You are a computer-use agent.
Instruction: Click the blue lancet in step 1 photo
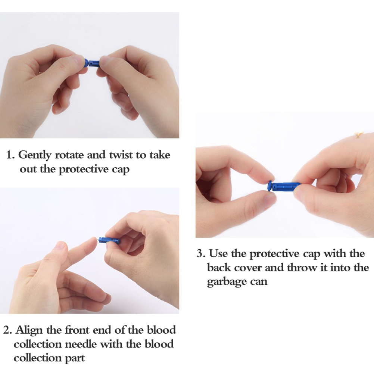point(93,63)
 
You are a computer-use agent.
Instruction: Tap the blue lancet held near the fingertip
point(109,240)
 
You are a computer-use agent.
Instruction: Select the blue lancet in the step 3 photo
point(284,186)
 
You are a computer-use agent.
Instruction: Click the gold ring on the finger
point(358,134)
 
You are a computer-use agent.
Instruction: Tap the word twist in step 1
point(121,155)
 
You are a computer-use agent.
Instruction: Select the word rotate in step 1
point(70,155)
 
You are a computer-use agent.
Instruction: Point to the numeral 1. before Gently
point(10,155)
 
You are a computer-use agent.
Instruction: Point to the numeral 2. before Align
point(7,330)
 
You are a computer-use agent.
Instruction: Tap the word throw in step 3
point(302,267)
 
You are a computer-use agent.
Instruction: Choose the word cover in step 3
point(248,268)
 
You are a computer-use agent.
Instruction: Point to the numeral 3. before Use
point(201,253)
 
